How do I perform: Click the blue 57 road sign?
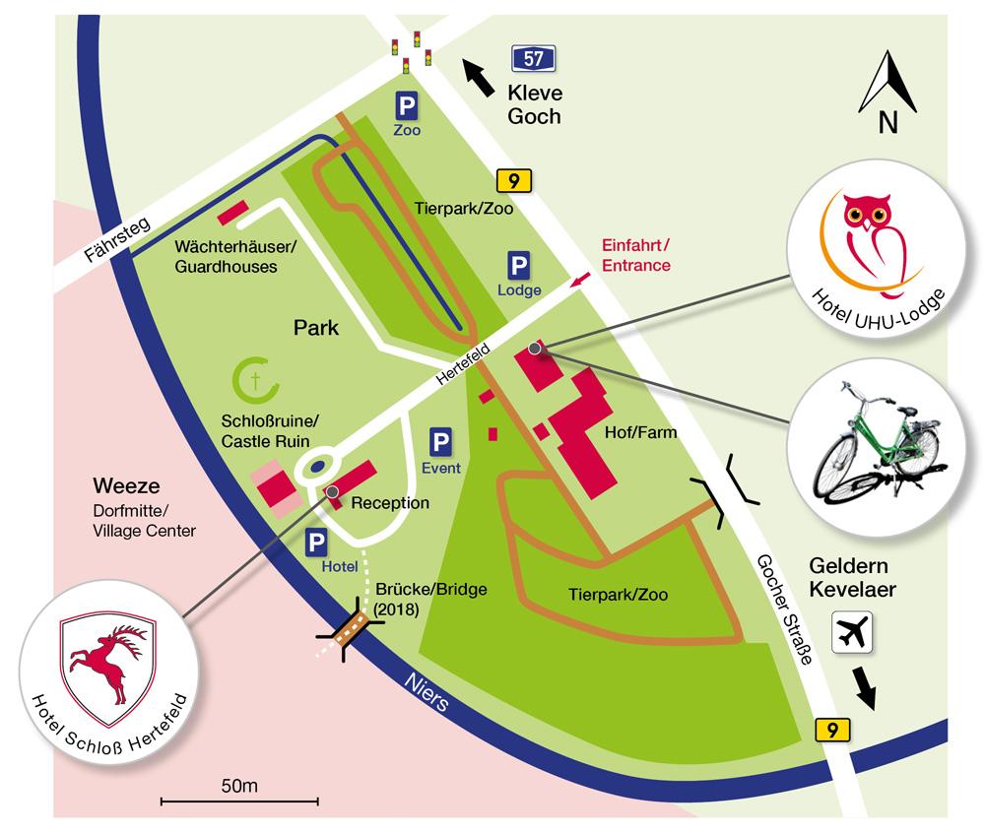(532, 58)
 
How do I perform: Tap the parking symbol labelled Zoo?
(406, 105)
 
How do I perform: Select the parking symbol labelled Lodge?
(518, 266)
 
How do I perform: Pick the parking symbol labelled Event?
(441, 443)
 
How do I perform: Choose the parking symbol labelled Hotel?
(317, 543)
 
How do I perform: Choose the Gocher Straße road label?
(784, 610)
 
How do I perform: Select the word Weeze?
(125, 487)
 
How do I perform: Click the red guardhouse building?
(232, 210)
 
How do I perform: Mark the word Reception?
(390, 503)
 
